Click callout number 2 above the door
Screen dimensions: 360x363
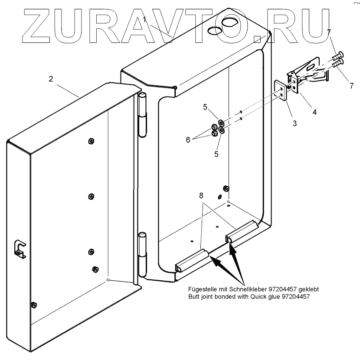coord(51,79)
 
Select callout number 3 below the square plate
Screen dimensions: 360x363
coord(294,123)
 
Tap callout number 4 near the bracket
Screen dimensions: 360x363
coord(314,112)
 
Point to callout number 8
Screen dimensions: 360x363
coord(201,196)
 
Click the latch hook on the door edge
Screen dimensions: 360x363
coord(20,248)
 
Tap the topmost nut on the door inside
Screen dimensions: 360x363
coord(91,141)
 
